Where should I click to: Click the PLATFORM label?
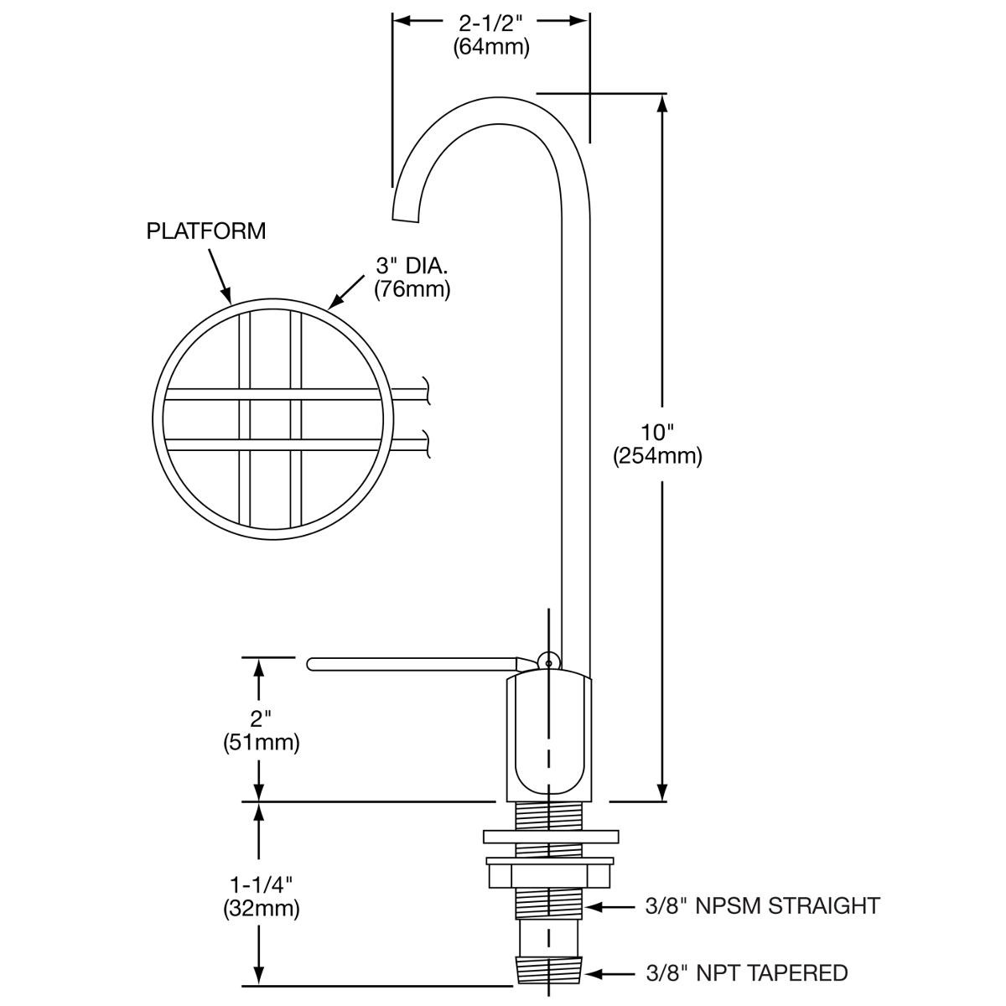pyautogui.click(x=205, y=231)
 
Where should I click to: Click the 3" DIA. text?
pyautogui.click(x=412, y=267)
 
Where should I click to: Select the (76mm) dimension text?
pyautogui.click(x=412, y=290)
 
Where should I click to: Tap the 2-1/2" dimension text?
pyautogui.click(x=491, y=22)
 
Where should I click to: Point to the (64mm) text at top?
pyautogui.click(x=491, y=47)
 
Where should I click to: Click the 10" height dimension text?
pyautogui.click(x=657, y=433)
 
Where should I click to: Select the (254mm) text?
pyautogui.click(x=657, y=456)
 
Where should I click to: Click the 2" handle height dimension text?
pyautogui.click(x=262, y=719)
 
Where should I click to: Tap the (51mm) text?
pyautogui.click(x=262, y=743)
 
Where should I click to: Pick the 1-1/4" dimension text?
pyautogui.click(x=262, y=884)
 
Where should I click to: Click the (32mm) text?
pyautogui.click(x=262, y=907)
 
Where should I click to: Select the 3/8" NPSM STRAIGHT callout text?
pyautogui.click(x=763, y=906)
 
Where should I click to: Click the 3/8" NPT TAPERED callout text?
pyautogui.click(x=747, y=973)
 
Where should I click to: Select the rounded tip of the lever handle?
pyautogui.click(x=312, y=664)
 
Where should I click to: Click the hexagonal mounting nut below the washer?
pyautogui.click(x=550, y=874)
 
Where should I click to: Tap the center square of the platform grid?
pyautogui.click(x=270, y=419)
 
